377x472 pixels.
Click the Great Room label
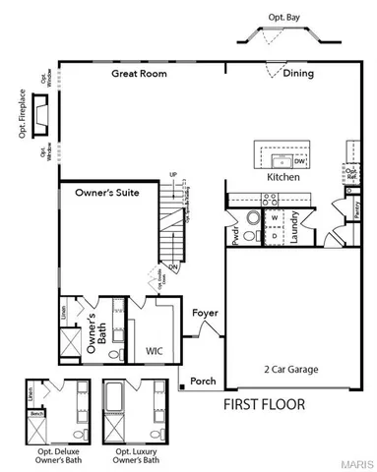(x=138, y=73)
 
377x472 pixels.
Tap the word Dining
(x=299, y=73)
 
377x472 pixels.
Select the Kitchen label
(x=283, y=177)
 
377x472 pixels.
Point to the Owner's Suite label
(x=103, y=194)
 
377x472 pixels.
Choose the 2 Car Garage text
(x=291, y=369)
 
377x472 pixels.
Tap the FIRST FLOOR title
(x=263, y=404)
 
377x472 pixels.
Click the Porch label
(x=203, y=382)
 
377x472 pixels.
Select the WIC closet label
(x=155, y=349)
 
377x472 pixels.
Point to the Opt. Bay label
(x=284, y=17)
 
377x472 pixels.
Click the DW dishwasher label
(x=299, y=160)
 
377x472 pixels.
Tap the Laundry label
(x=294, y=227)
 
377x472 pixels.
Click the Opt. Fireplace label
(x=22, y=116)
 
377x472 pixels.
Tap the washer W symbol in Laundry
(x=276, y=217)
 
